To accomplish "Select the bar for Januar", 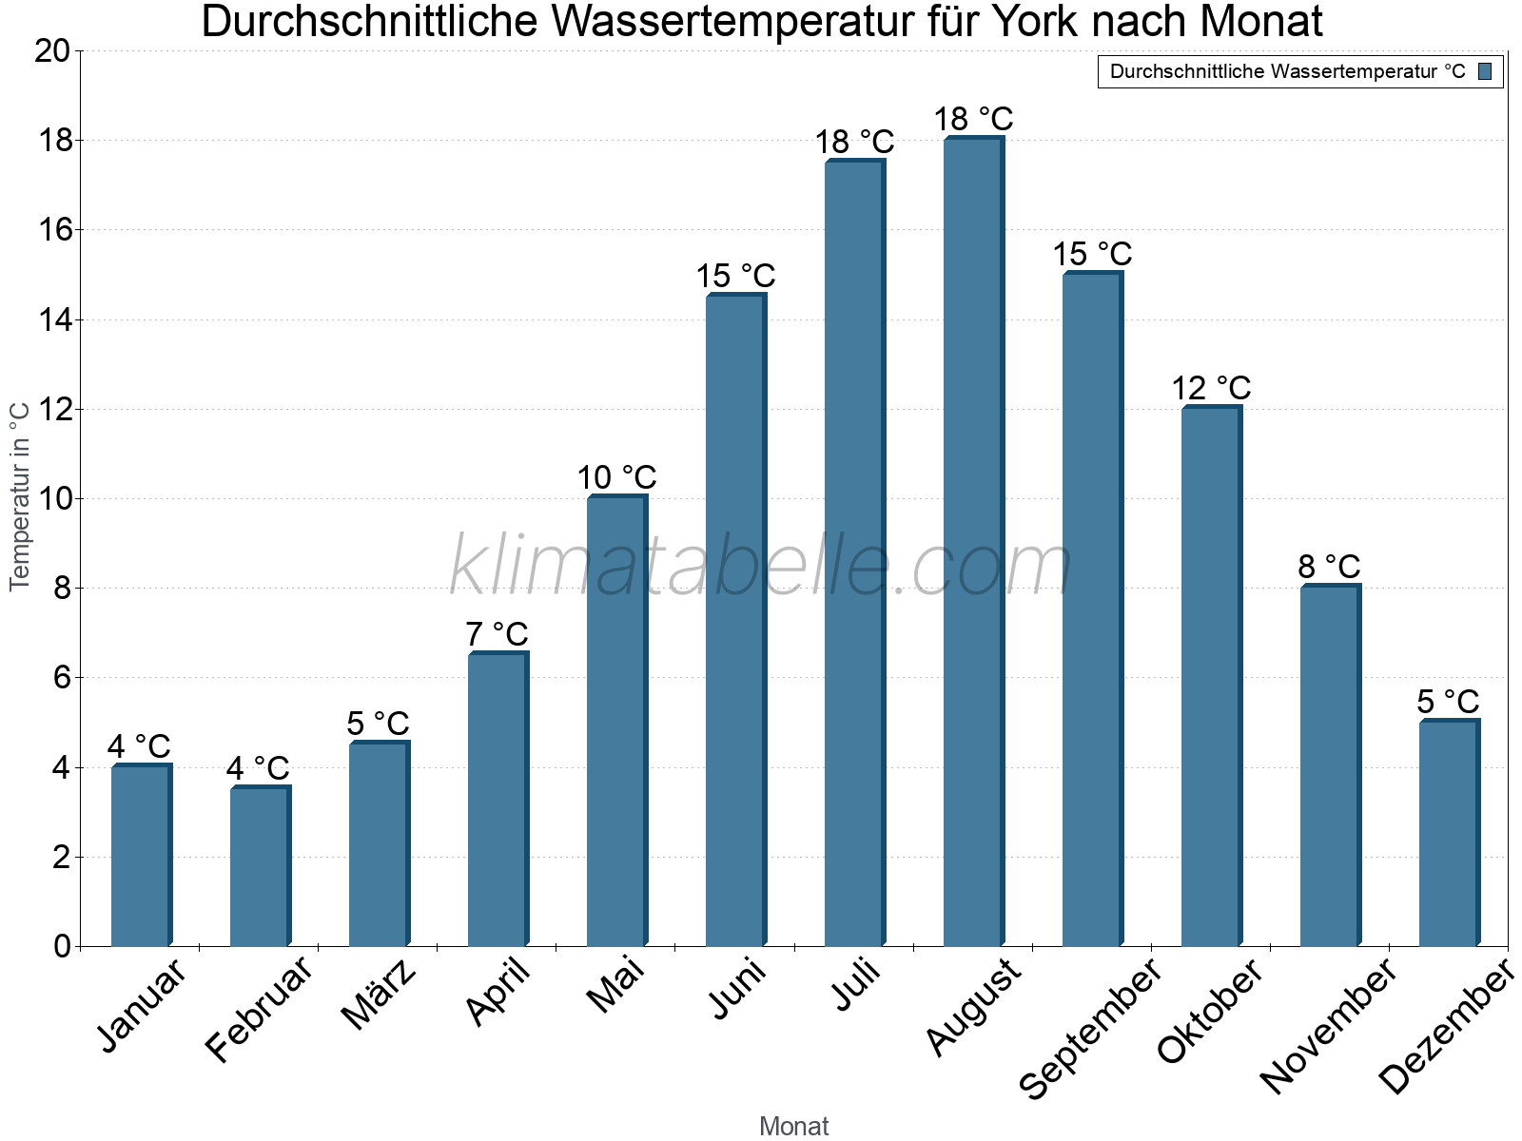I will tap(141, 856).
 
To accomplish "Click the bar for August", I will tap(973, 542).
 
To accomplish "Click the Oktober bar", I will tap(1211, 676).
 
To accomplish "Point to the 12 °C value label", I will tap(1211, 388).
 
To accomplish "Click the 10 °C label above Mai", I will tap(616, 477).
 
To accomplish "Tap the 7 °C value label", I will tap(497, 633).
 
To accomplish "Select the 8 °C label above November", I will tap(1329, 567).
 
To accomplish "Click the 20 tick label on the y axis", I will tap(52, 51).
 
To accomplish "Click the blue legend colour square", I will tap(1485, 71).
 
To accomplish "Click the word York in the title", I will tap(1030, 22).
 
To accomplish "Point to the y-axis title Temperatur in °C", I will tap(20, 496).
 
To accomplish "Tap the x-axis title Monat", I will tap(794, 1127).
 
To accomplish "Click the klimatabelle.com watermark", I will tap(761, 567).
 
